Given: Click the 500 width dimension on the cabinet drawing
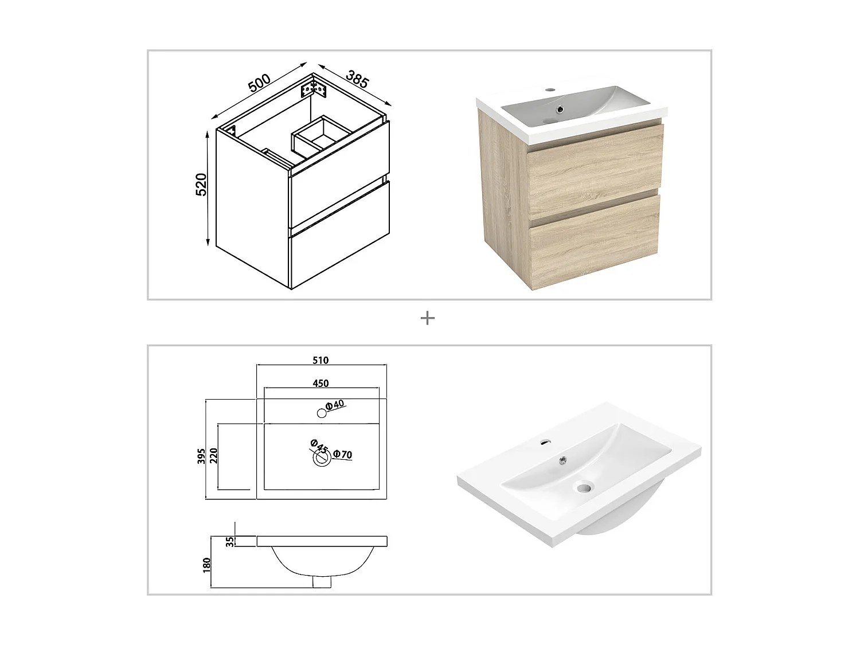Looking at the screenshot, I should tap(259, 82).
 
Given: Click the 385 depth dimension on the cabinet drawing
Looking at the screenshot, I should tap(357, 79).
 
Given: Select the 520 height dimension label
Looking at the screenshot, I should tap(201, 185).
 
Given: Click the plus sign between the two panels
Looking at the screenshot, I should tap(427, 318).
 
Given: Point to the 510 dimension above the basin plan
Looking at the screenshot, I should tap(320, 360).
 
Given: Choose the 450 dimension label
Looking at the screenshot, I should tap(320, 383).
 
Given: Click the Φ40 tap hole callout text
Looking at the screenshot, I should tap(335, 405).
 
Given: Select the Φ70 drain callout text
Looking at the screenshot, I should tap(342, 455).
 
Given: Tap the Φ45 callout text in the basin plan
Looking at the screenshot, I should tap(319, 445).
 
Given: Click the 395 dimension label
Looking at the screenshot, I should tap(201, 456).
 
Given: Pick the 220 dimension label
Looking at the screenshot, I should tap(214, 456).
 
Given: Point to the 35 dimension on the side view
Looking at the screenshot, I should tap(230, 541).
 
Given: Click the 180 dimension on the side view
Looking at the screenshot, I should tap(207, 564).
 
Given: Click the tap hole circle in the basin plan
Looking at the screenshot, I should tap(322, 413).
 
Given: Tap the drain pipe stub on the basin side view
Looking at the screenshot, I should tap(322, 581).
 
